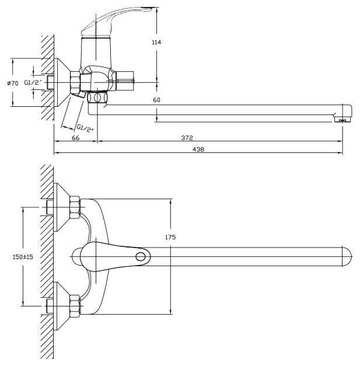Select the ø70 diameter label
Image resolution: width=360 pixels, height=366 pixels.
13,83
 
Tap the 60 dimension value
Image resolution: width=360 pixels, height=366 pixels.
156,100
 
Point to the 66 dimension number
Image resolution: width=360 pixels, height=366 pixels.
75,138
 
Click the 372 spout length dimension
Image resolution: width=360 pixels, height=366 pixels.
187,138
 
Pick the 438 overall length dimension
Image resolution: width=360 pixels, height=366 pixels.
198,149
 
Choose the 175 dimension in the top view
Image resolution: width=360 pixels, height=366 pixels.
170,237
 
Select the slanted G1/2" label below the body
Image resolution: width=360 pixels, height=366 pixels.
85,126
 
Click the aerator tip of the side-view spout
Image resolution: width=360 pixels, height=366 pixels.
342,119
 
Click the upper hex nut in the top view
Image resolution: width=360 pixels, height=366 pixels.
74,207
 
